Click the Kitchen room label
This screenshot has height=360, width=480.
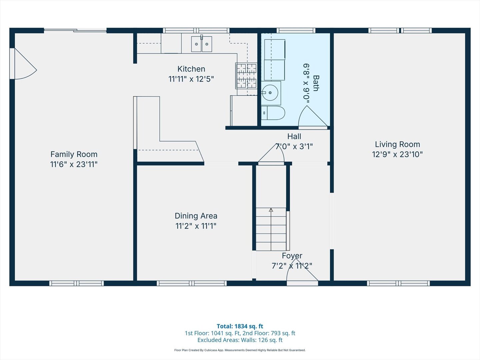pos(191,69)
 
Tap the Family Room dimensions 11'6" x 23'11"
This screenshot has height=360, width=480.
pos(74,164)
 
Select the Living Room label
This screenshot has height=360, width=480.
pos(397,144)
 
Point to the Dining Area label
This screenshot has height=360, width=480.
pos(196,216)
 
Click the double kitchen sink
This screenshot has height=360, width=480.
pos(201,44)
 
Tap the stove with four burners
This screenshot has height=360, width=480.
pos(246,76)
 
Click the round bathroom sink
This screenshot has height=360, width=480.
pos(270,93)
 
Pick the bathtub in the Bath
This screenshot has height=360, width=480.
pos(275,60)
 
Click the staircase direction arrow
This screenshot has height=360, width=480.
pos(271,210)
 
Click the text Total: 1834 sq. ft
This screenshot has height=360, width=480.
pos(240,326)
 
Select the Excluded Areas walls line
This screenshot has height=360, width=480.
pos(240,340)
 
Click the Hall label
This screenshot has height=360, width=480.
pos(294,136)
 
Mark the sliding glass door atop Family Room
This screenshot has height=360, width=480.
pos(75,31)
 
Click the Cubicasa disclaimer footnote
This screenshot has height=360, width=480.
pos(240,350)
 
